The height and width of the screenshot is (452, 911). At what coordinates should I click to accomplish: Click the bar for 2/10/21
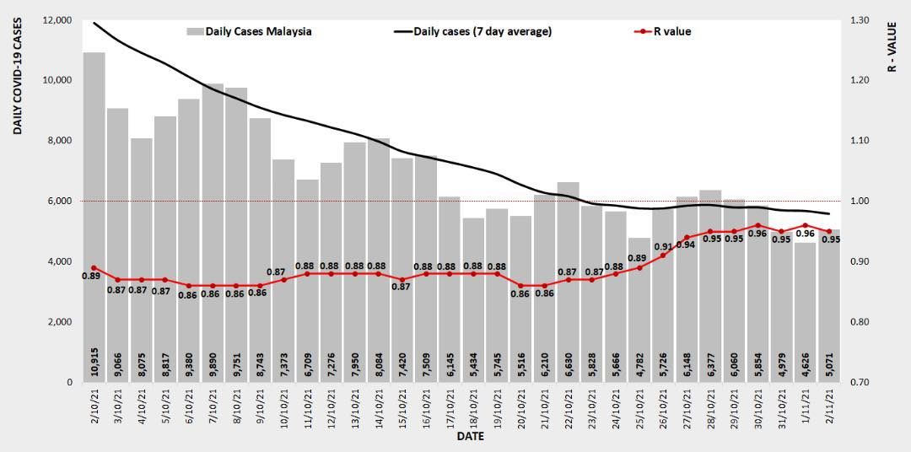(94, 211)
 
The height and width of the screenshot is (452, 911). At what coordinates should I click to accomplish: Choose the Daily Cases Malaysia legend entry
(249, 32)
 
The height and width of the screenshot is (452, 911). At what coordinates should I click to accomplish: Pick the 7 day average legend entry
(472, 32)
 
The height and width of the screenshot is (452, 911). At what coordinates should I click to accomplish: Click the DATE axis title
(469, 437)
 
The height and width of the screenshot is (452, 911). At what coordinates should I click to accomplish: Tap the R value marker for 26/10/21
(663, 255)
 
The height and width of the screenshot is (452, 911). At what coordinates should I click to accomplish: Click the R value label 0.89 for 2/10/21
(91, 276)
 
